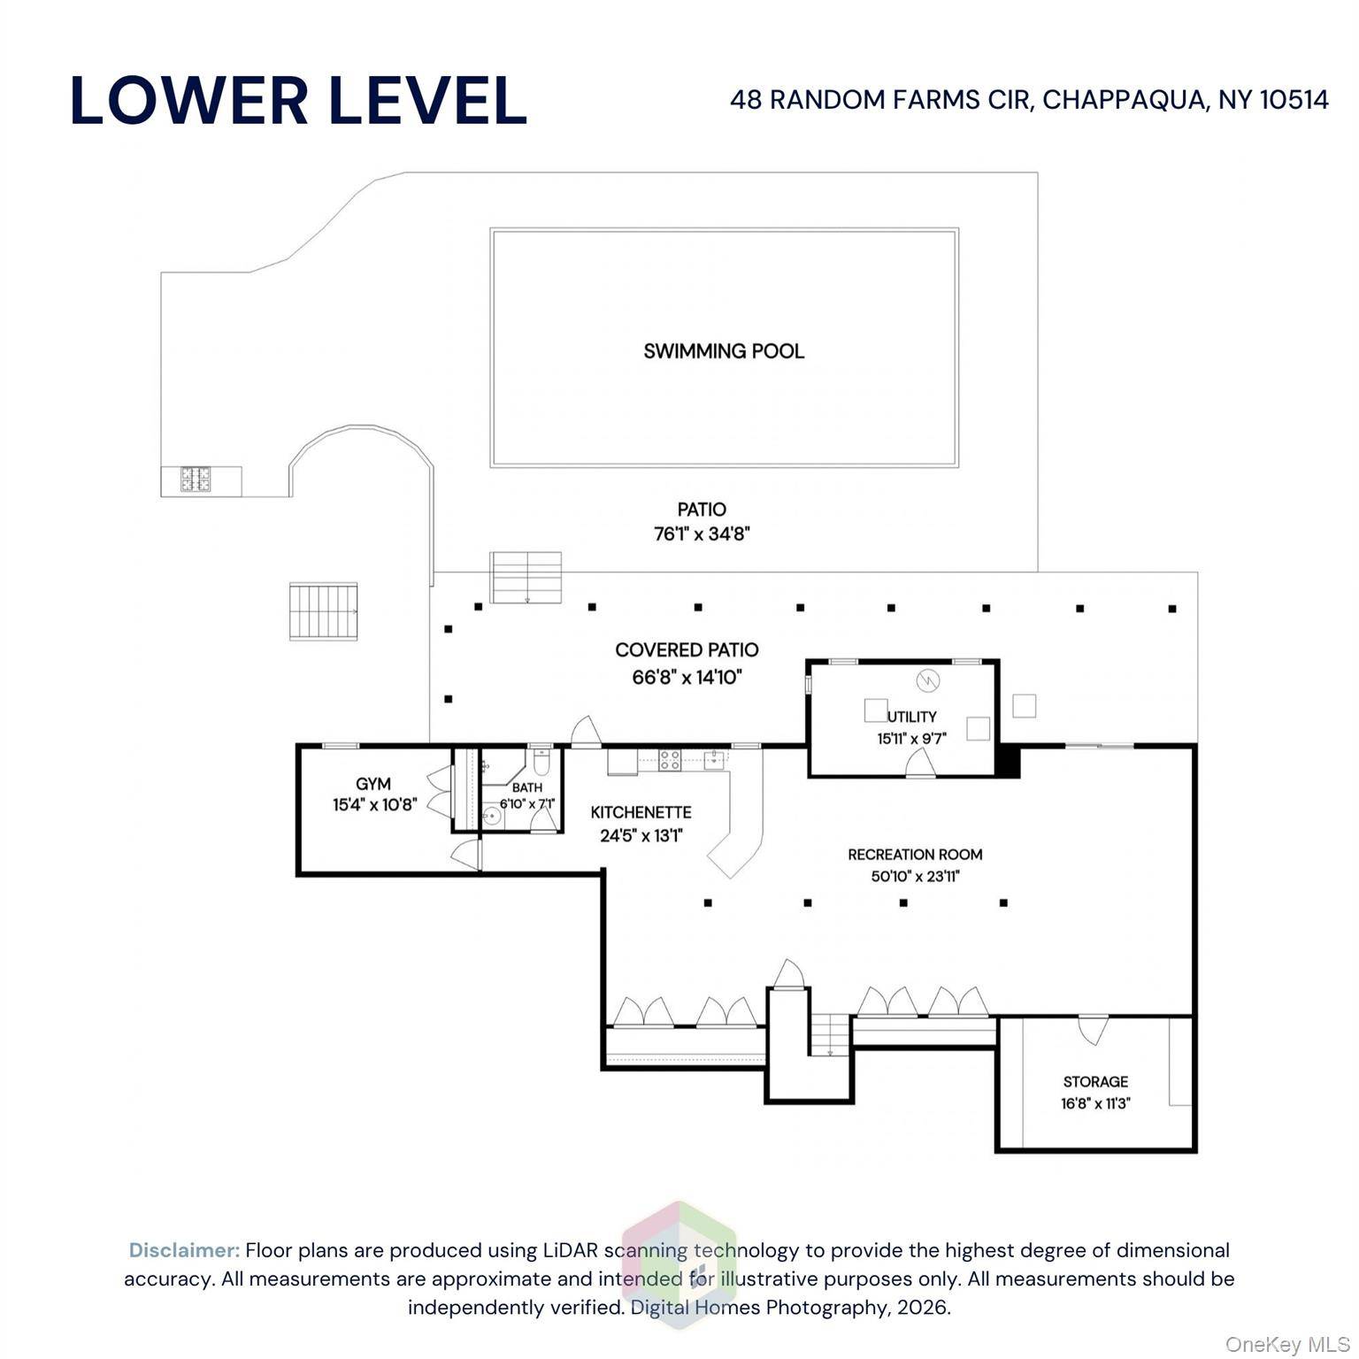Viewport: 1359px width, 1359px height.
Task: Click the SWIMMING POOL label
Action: [724, 351]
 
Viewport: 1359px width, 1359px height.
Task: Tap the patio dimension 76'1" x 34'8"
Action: [702, 534]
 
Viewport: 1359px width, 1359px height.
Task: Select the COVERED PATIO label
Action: [687, 650]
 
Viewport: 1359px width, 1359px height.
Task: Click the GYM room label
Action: [373, 784]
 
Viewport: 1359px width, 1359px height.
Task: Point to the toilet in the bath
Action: [541, 762]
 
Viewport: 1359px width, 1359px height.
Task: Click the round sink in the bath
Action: [492, 817]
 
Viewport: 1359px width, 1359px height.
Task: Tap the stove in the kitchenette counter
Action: [670, 759]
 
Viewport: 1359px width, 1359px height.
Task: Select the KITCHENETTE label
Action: [641, 812]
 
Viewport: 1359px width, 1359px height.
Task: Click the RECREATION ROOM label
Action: [915, 855]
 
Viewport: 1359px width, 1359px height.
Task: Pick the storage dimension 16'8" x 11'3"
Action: [1096, 1103]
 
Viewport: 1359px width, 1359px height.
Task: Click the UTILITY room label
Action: [912, 717]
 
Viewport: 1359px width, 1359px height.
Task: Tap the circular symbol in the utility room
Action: [927, 680]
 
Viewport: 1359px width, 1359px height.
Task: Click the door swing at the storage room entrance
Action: [1094, 1029]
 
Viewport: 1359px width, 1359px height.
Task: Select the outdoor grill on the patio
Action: [196, 480]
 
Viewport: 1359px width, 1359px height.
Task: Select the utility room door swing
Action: [920, 762]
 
